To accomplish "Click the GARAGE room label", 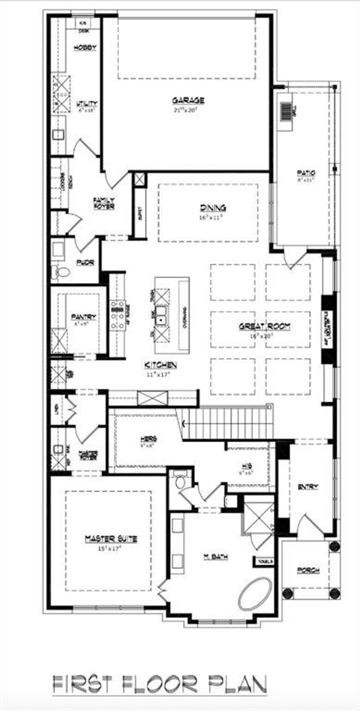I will (x=188, y=100).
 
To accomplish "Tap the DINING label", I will (x=213, y=208).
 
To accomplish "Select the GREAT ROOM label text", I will (x=264, y=326).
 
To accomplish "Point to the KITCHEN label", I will (x=161, y=365).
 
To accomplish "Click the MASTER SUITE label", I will (x=111, y=539).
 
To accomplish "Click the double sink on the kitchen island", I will (x=161, y=315).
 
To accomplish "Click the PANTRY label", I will (x=84, y=317).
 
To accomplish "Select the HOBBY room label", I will (x=85, y=48).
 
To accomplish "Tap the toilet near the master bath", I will (x=179, y=482).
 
